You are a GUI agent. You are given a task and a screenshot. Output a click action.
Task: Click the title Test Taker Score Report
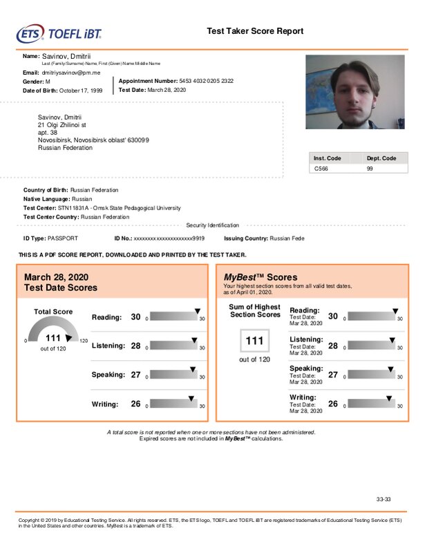tap(255, 31)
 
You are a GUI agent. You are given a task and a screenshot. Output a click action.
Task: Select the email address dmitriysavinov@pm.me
tap(71, 72)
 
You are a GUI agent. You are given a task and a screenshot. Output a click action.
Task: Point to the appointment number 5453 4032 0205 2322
tap(206, 81)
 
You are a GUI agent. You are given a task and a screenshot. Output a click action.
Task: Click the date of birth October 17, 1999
tap(81, 91)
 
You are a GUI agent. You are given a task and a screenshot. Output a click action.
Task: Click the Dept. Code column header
tap(381, 158)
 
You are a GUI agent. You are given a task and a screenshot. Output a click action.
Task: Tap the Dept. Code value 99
tap(370, 168)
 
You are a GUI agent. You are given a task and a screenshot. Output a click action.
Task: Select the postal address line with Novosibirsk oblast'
tap(93, 140)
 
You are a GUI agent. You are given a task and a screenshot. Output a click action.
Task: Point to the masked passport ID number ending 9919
tap(169, 238)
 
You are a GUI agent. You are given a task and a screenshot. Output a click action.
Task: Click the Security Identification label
tap(213, 225)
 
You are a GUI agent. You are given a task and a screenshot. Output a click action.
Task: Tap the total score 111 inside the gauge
tap(53, 337)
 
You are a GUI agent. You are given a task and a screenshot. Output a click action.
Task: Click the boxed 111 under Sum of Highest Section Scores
tap(255, 341)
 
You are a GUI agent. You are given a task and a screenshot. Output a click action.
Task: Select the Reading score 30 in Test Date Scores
tap(135, 317)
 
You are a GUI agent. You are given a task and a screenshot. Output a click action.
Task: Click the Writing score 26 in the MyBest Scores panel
tap(333, 404)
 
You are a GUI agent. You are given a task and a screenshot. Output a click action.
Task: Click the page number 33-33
tap(384, 498)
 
